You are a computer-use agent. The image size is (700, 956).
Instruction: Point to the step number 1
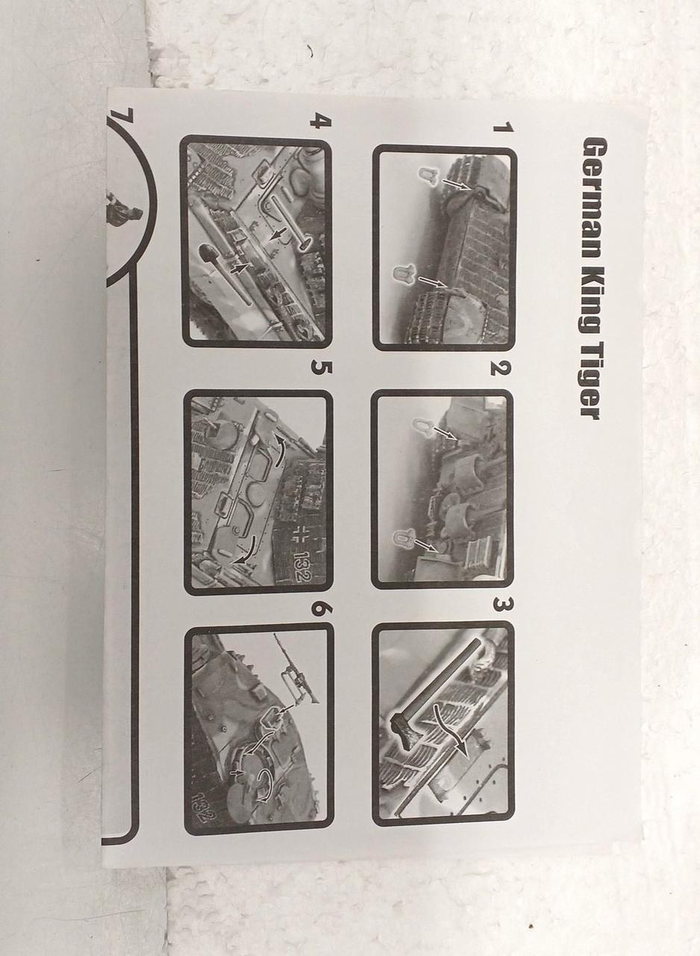pyautogui.click(x=503, y=128)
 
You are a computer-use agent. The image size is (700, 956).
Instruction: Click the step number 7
pyautogui.click(x=122, y=117)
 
